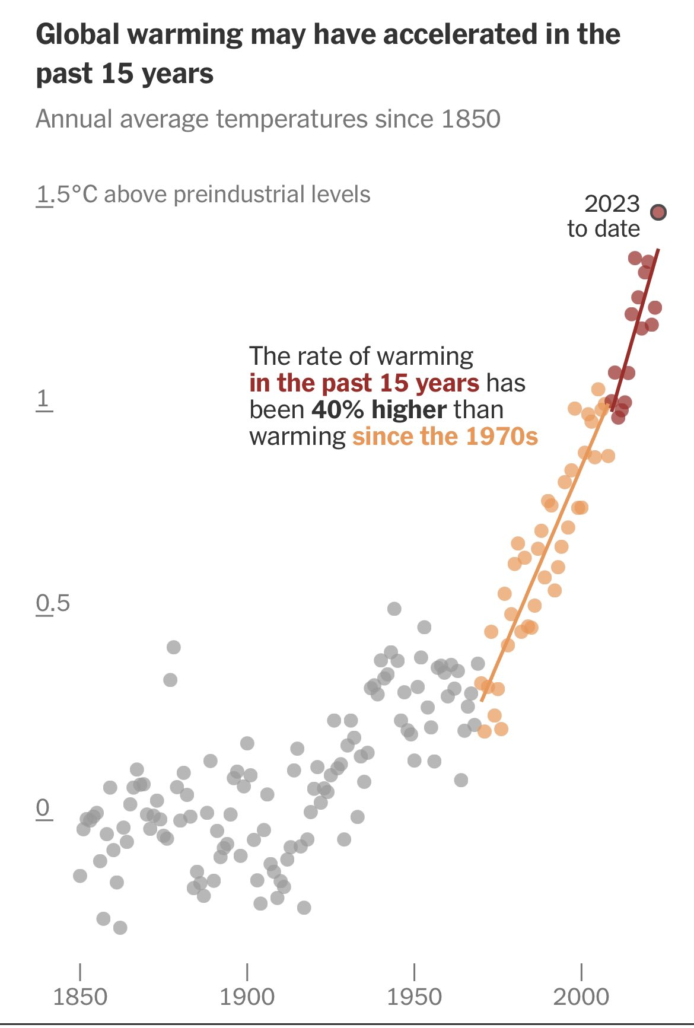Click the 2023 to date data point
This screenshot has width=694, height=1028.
pos(658,212)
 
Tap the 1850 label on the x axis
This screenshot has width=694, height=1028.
pos(80,997)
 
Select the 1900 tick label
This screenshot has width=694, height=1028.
pos(247,997)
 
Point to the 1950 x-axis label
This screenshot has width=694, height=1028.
pos(414,997)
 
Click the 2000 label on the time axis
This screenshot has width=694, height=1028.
pos(581,997)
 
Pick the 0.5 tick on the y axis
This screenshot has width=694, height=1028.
pos(53,603)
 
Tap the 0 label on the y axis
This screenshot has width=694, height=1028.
pos(43,808)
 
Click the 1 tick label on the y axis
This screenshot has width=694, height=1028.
pos(43,399)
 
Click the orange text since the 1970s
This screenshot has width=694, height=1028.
pos(445,437)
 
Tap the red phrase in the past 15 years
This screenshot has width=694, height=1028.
pos(364,383)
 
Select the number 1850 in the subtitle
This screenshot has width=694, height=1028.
pos(472,119)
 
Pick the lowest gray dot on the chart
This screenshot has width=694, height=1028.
pos(120,927)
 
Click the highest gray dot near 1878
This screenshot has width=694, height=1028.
pos(173,647)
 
